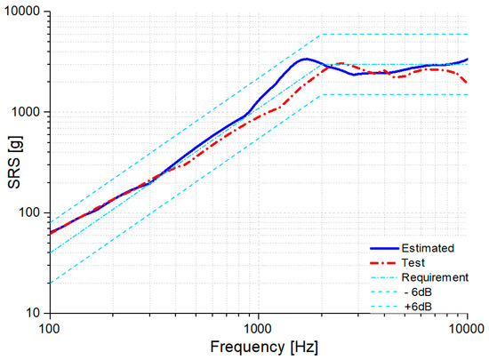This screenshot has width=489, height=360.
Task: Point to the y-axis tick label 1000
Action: tap(28, 113)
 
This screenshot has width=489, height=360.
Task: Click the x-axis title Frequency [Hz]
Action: tap(259, 346)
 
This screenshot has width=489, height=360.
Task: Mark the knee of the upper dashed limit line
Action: tap(321, 34)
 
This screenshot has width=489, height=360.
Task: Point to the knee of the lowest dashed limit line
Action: tap(321, 94)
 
